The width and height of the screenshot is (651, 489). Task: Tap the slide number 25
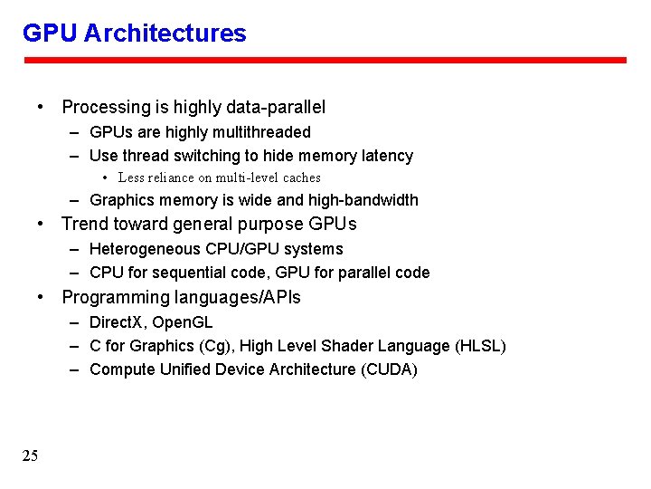(31, 455)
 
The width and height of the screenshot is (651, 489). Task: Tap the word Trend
(85, 224)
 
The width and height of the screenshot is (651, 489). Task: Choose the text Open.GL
(183, 322)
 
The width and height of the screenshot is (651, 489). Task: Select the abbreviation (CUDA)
(389, 369)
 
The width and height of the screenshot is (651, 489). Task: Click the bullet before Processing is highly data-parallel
(42, 107)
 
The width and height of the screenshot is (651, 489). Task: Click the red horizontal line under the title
(325, 61)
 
